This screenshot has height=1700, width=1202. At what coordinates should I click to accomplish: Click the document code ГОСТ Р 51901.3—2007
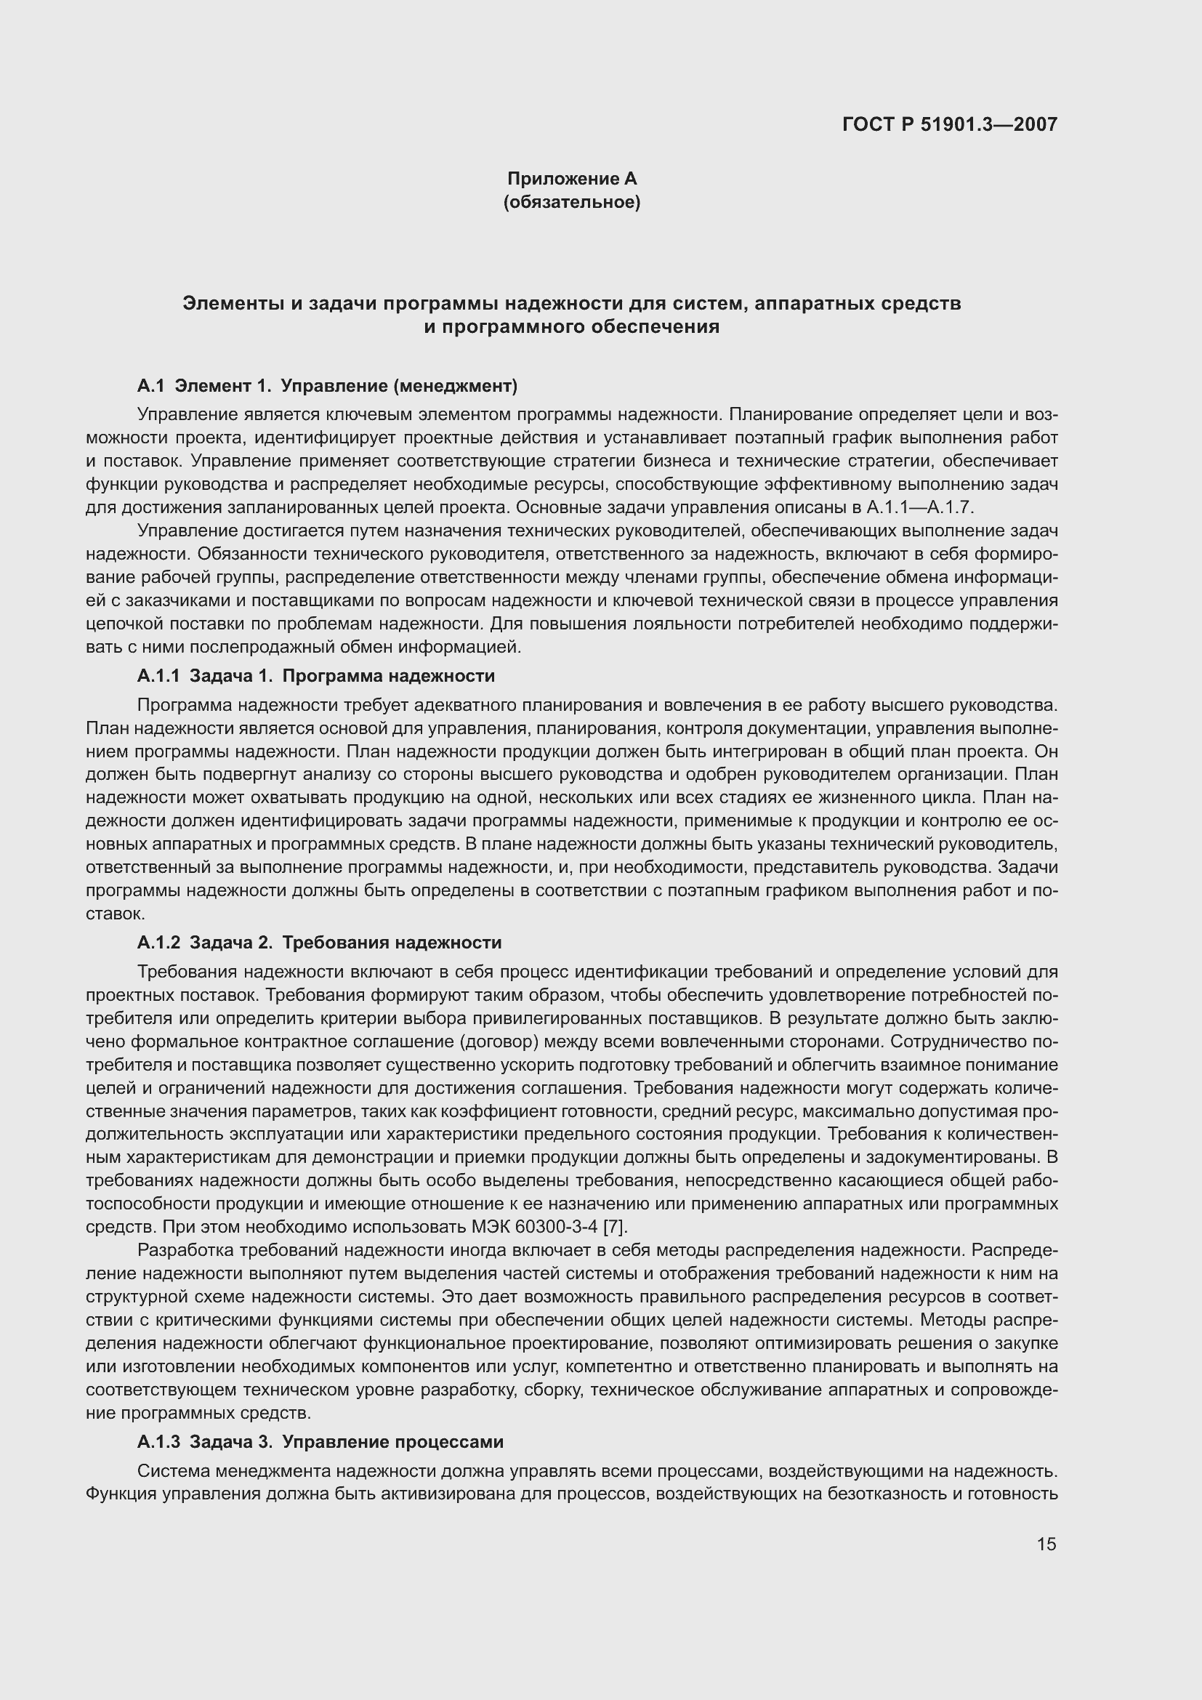tap(949, 124)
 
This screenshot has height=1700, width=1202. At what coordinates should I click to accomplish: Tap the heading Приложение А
tap(571, 179)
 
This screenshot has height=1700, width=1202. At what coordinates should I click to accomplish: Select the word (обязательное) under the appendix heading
tap(571, 202)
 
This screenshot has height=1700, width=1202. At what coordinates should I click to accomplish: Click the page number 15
tap(1046, 1544)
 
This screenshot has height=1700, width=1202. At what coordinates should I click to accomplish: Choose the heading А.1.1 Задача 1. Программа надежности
tap(316, 676)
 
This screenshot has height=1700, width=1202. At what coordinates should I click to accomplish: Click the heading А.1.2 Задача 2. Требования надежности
tap(319, 943)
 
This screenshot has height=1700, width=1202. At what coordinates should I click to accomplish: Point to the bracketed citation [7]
tap(614, 1228)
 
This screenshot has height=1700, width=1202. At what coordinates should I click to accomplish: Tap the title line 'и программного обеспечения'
tap(571, 326)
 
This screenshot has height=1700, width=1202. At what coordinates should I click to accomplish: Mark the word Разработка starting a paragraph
tap(177, 1251)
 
